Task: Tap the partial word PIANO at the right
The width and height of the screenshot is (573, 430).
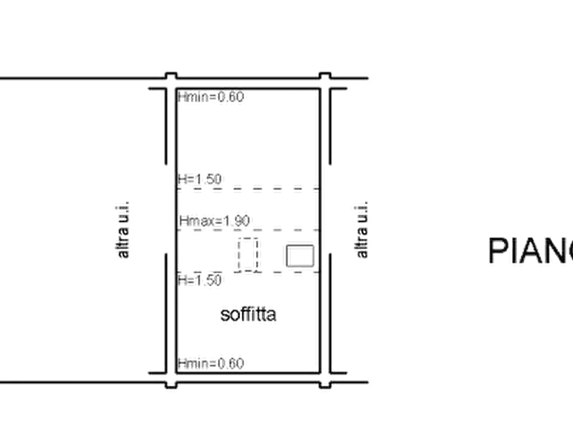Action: tap(530, 251)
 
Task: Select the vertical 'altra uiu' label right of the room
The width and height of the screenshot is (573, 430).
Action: tap(362, 229)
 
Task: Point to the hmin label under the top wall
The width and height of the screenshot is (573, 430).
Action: tap(213, 98)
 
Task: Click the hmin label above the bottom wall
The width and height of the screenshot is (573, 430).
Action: tap(213, 363)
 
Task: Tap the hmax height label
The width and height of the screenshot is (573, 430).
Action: tap(218, 219)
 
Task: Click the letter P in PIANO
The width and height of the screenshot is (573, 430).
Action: tap(496, 251)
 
